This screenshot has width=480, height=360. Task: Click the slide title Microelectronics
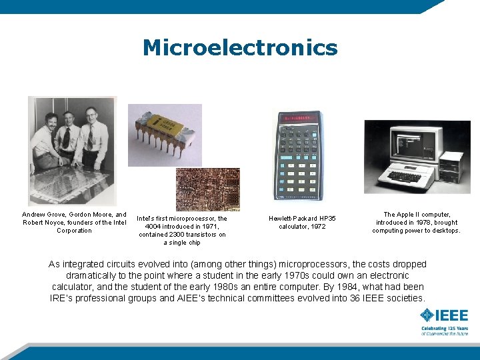click(240, 48)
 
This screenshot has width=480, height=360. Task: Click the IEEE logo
click(444, 315)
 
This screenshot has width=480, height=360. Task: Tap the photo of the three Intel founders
click(71, 150)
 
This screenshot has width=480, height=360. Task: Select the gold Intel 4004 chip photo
click(164, 134)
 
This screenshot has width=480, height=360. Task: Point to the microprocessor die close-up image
click(207, 189)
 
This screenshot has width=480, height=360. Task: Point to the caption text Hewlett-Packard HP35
click(302, 219)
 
